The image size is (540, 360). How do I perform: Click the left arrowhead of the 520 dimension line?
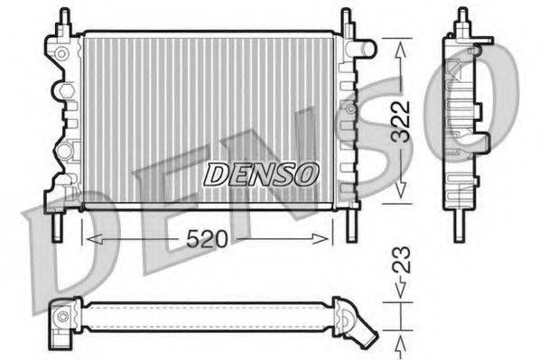pyautogui.click(x=88, y=238)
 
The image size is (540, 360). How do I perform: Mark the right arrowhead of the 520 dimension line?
pyautogui.click(x=327, y=238)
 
